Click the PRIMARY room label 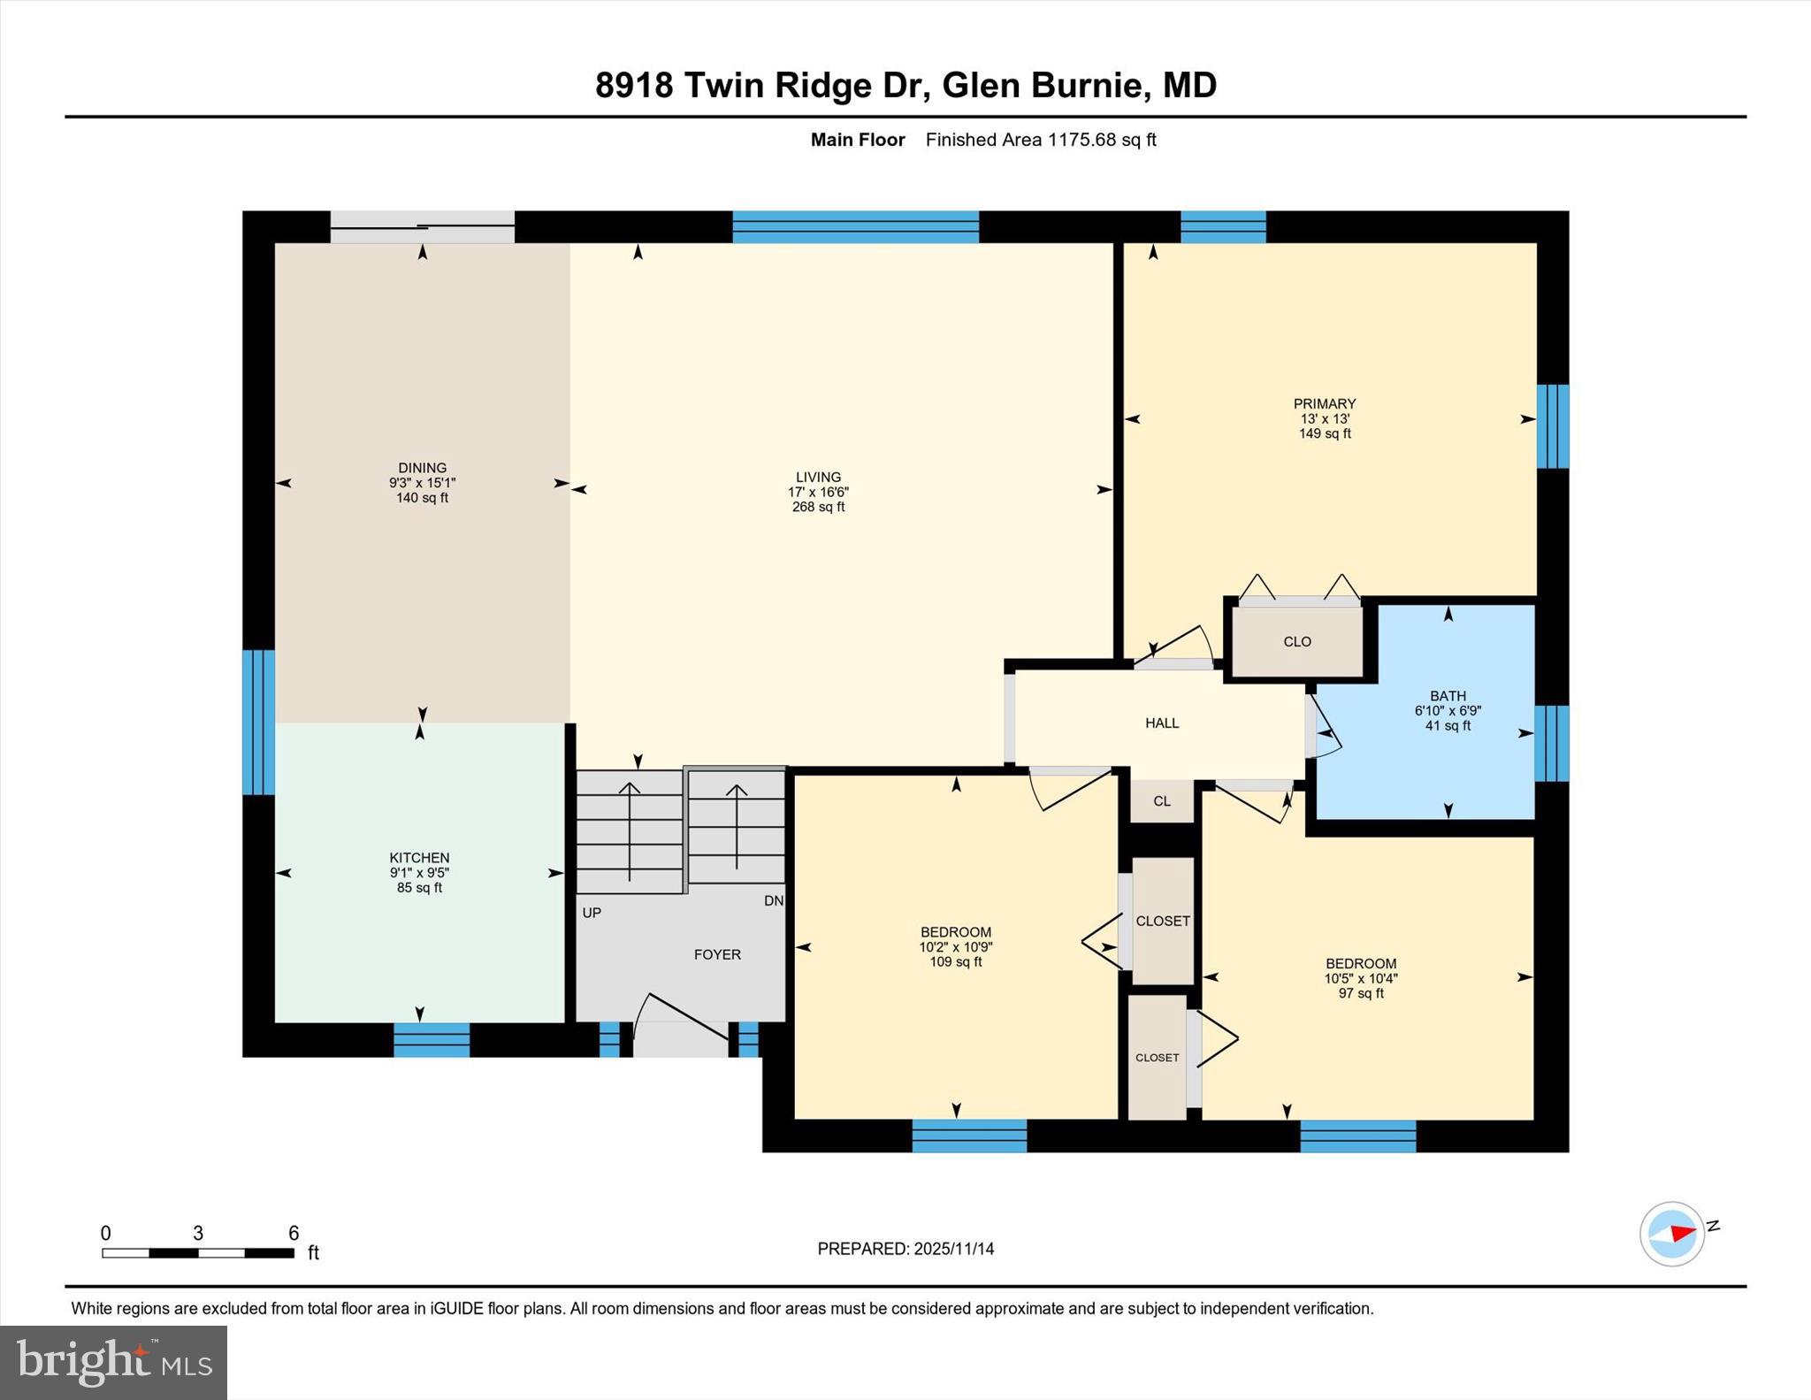(x=1324, y=404)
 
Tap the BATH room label (x=1448, y=696)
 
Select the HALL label (x=1162, y=723)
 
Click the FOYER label (x=717, y=955)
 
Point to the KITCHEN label (x=419, y=858)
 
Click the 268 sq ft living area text (x=818, y=508)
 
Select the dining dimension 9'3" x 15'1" (x=422, y=484)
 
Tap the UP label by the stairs (x=592, y=913)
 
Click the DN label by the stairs (x=774, y=901)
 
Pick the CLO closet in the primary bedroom (x=1297, y=642)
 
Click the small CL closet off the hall (x=1162, y=801)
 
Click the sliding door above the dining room (x=422, y=227)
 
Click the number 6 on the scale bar (x=294, y=1234)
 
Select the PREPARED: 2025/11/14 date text (x=905, y=1249)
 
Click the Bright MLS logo (x=113, y=1362)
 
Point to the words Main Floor (x=858, y=140)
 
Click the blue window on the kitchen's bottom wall (x=432, y=1040)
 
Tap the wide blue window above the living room (x=855, y=227)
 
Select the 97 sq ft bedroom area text (x=1361, y=994)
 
